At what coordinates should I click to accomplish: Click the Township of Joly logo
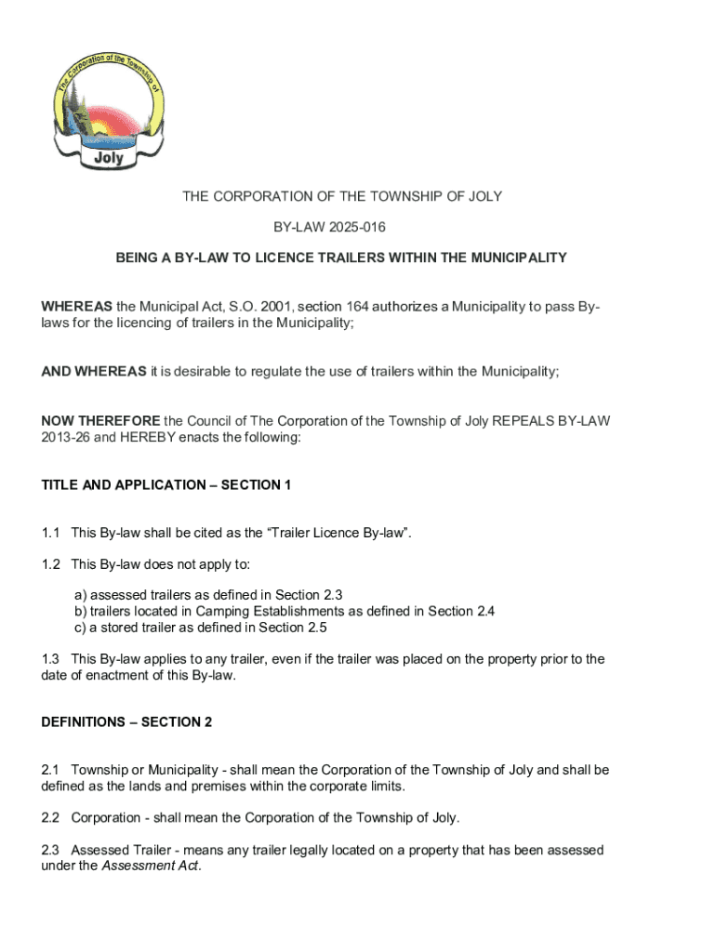click(x=109, y=110)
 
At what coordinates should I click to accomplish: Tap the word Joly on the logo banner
click(x=109, y=157)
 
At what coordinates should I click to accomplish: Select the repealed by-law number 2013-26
click(x=64, y=436)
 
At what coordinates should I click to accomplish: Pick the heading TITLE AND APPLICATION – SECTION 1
click(x=166, y=484)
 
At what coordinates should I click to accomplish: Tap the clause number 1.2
click(x=51, y=564)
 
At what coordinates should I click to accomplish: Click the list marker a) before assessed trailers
click(x=81, y=595)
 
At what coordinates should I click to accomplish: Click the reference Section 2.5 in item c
click(x=293, y=627)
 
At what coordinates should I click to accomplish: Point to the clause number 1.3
click(x=51, y=659)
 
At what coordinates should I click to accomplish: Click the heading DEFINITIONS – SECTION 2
click(x=126, y=721)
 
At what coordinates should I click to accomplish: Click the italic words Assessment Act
click(x=150, y=866)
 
